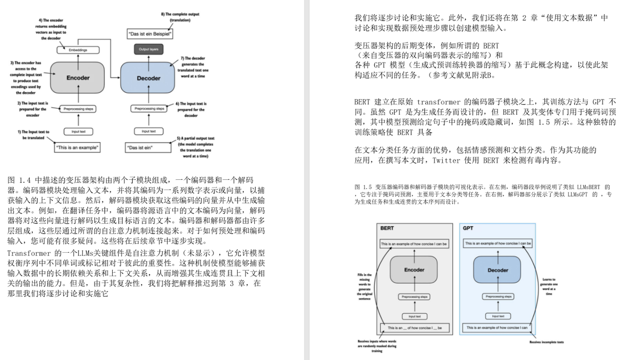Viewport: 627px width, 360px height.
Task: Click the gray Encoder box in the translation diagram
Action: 78,77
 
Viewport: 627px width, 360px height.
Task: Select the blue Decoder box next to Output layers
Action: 148,78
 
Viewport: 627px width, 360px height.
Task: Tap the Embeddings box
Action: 78,50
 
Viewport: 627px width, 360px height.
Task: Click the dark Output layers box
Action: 148,49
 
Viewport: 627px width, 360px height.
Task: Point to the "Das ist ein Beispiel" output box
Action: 149,34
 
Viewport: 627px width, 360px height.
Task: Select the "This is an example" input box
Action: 78,147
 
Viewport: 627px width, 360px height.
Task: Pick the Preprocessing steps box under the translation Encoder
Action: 78,109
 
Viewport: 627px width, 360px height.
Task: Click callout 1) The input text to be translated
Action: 33,135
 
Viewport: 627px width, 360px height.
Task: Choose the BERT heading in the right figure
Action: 387,228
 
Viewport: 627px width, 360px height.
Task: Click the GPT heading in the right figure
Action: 467,228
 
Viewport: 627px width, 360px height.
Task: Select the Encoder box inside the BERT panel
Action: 414,270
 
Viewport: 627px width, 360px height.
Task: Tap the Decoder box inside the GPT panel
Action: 497,270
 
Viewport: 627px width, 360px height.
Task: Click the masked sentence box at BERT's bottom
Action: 414,327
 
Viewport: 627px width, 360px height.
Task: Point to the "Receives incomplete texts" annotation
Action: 547,342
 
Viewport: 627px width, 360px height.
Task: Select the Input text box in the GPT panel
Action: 498,316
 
